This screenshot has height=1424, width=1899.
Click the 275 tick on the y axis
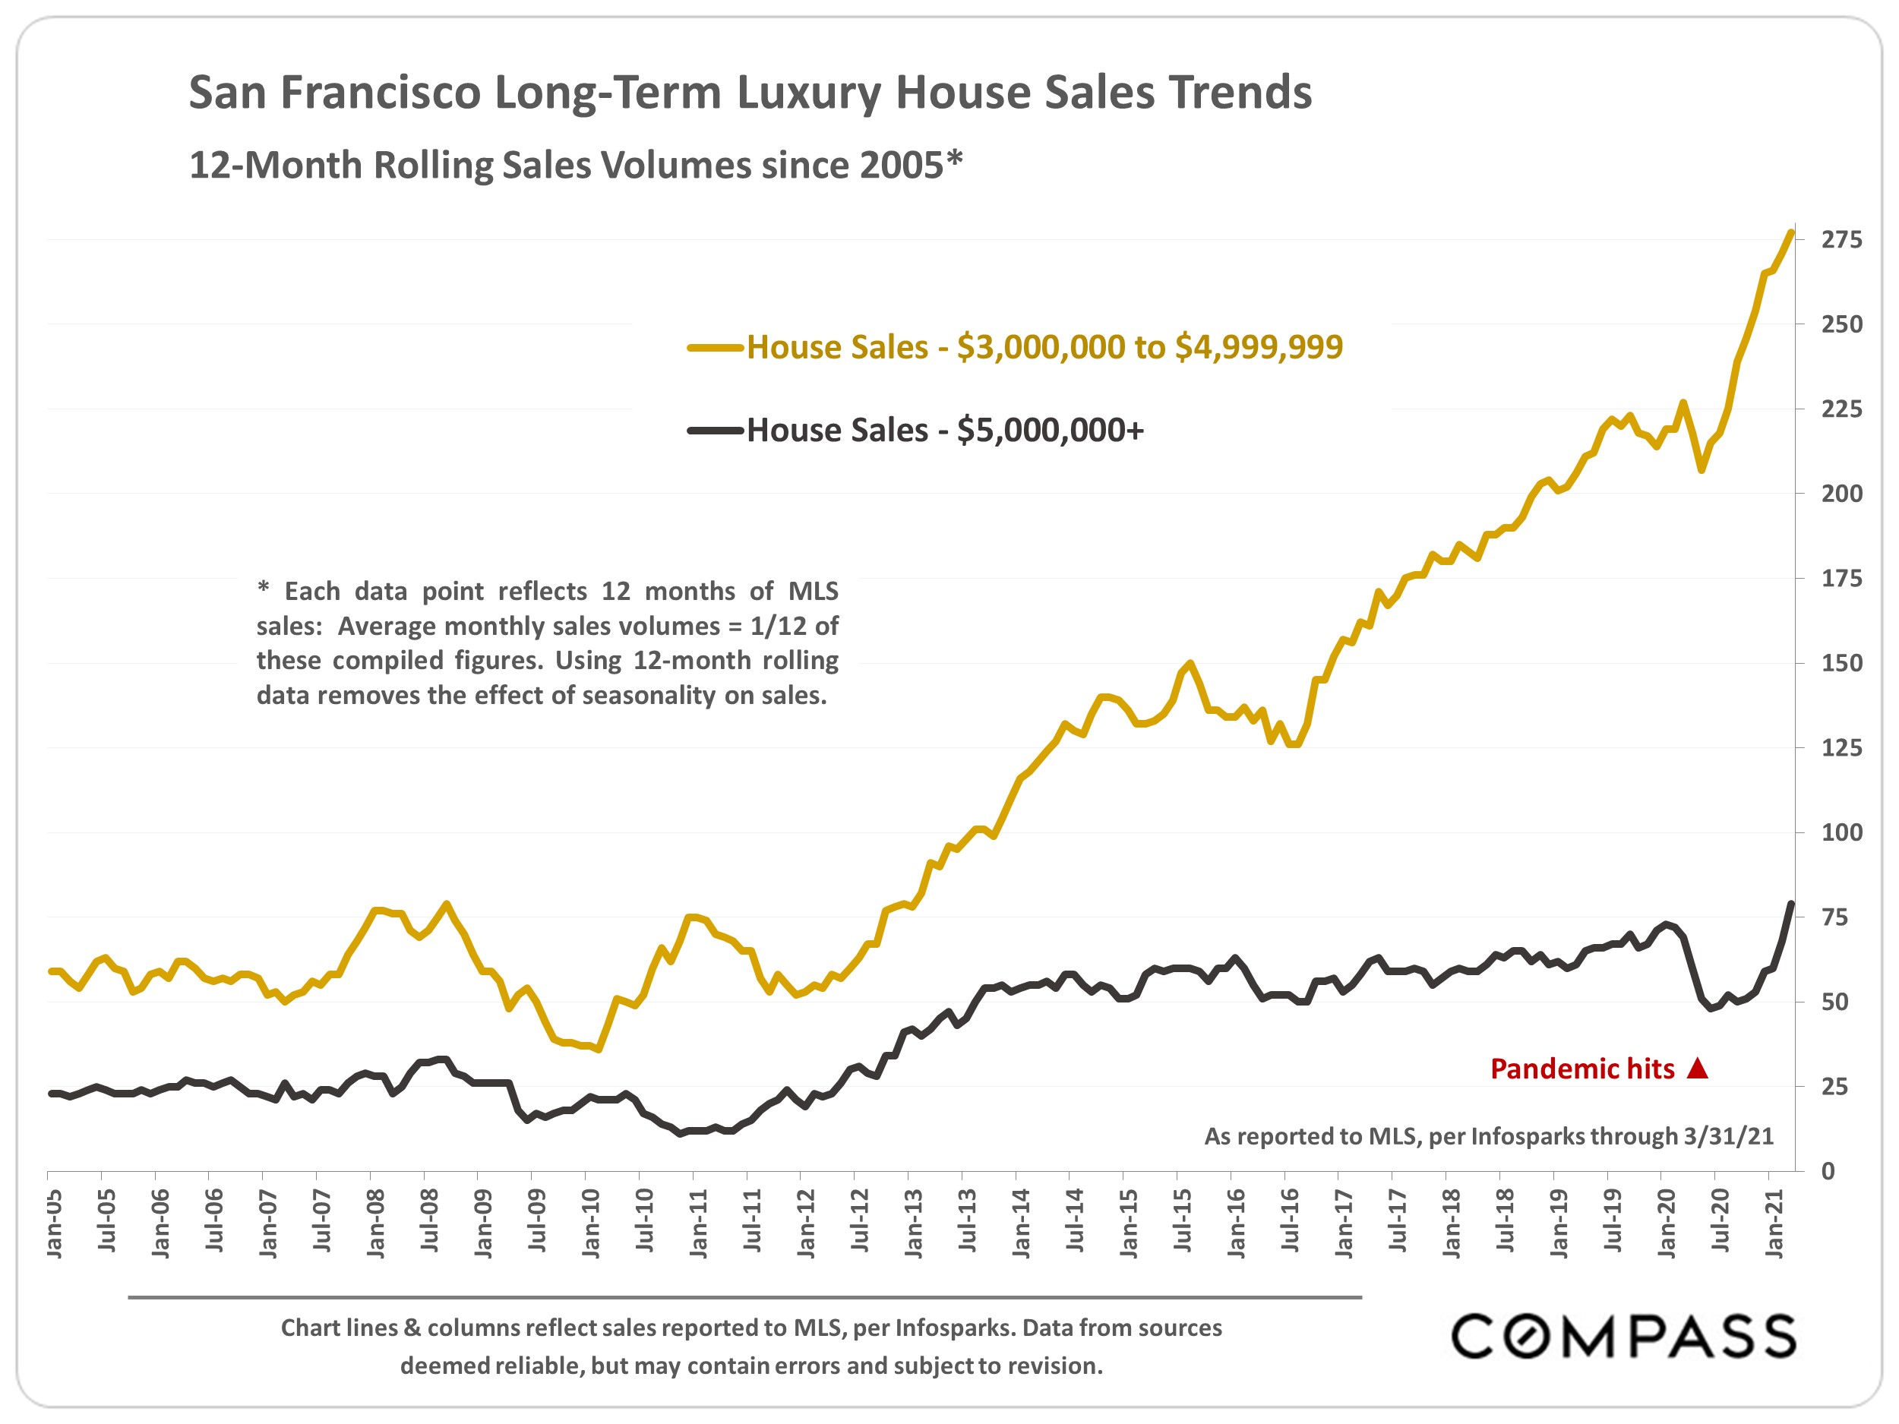tap(1841, 240)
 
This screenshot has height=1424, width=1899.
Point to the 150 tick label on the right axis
tap(1841, 664)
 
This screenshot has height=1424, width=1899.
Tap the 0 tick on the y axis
tap(1828, 1171)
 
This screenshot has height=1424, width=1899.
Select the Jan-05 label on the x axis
tap(54, 1224)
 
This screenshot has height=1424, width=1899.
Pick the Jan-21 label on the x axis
tap(1774, 1224)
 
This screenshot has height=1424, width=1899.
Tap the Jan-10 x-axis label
tap(591, 1224)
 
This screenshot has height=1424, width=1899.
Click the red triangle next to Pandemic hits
tap(1697, 1069)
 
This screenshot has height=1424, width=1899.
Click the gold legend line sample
tap(714, 348)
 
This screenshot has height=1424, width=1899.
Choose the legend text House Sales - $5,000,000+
tap(945, 430)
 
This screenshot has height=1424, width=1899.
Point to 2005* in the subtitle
tap(911, 165)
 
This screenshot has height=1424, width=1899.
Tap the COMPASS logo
tap(1623, 1336)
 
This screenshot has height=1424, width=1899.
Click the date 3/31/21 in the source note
tap(1728, 1136)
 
